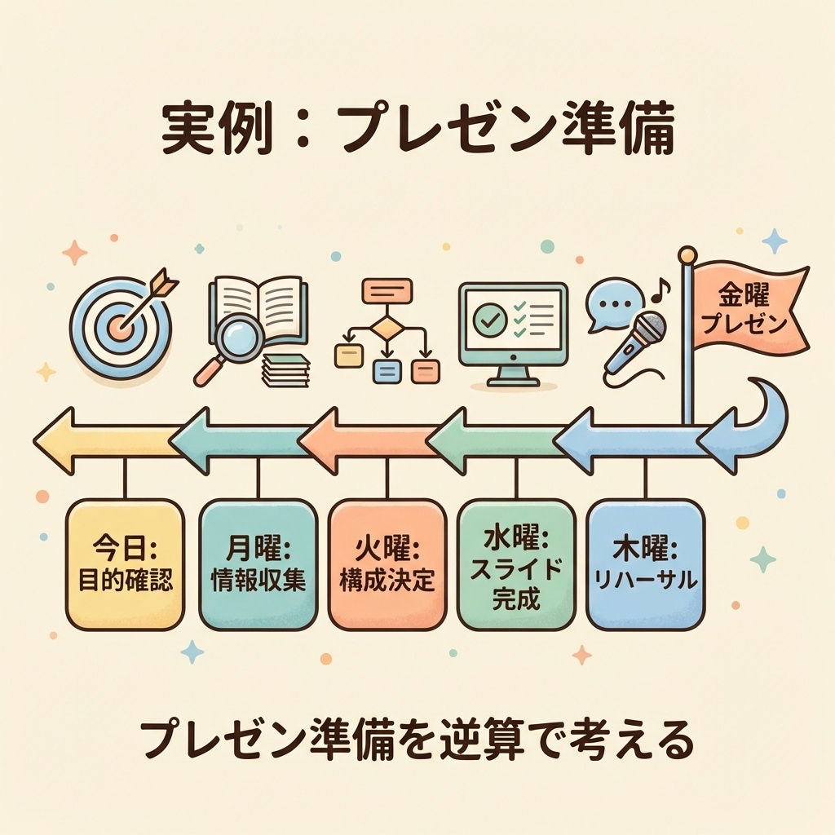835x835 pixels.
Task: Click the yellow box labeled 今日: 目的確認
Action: click(124, 564)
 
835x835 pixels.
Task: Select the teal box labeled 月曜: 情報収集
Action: click(258, 564)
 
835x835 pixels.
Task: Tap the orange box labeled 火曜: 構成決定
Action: click(387, 564)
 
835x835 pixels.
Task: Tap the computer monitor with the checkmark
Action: click(513, 330)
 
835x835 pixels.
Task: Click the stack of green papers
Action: click(286, 371)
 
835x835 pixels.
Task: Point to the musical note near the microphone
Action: click(661, 286)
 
